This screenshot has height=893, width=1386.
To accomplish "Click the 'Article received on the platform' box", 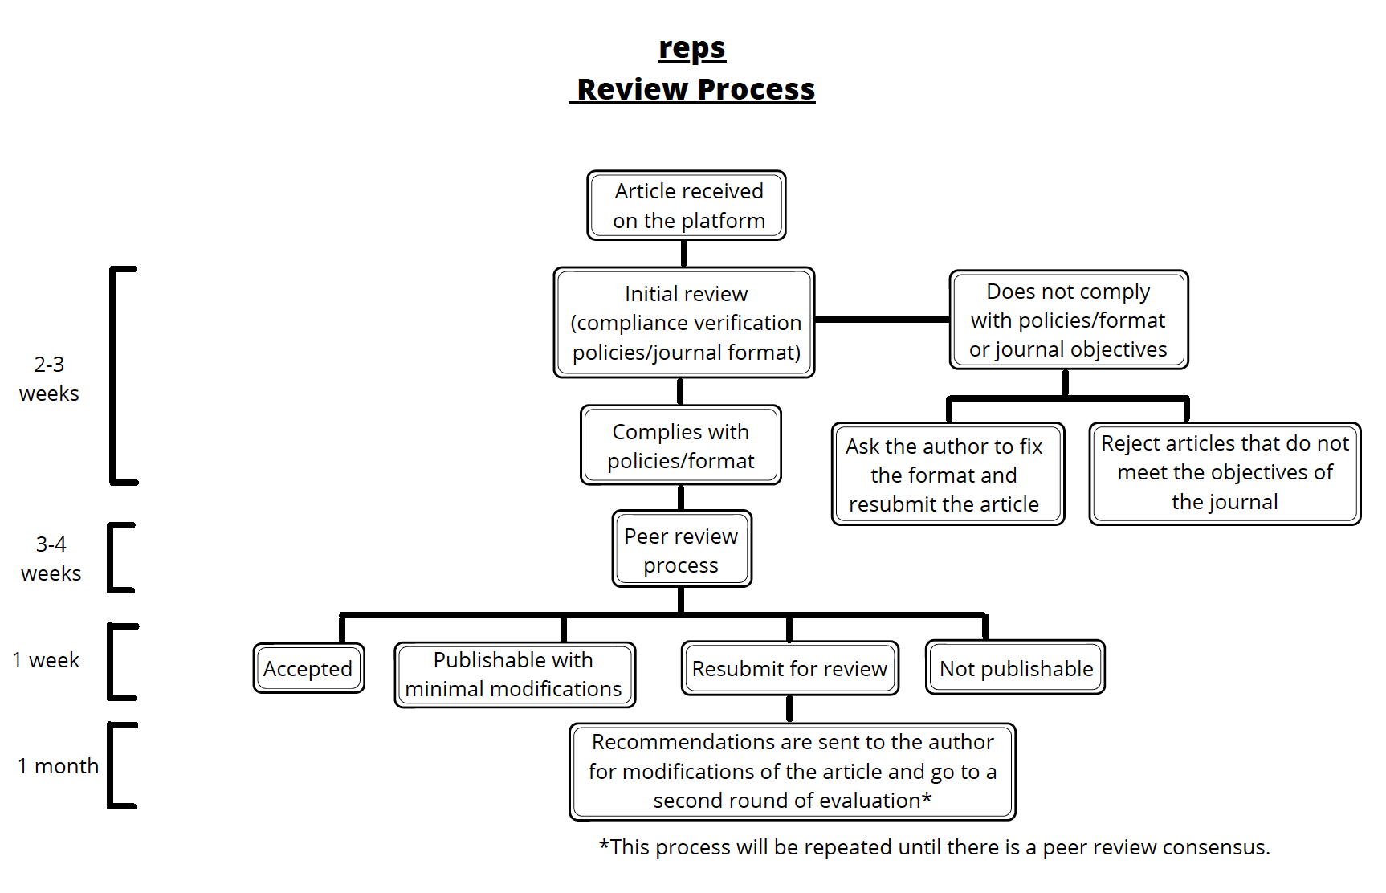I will (687, 206).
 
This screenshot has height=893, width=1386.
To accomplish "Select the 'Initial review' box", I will (684, 323).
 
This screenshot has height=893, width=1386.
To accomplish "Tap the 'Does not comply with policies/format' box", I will (1068, 320).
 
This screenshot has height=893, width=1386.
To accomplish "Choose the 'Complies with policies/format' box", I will (681, 446).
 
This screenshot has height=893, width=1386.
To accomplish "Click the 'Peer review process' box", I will (682, 550).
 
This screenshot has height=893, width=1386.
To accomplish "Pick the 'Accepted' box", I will (308, 668).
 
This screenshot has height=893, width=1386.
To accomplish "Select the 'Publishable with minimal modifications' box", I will (514, 675).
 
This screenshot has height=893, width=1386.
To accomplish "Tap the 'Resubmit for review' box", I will (789, 668).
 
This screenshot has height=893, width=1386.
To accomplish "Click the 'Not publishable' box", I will (1016, 668).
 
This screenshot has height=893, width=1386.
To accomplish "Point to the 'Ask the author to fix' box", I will (948, 475).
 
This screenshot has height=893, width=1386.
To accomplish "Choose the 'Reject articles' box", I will (1225, 473).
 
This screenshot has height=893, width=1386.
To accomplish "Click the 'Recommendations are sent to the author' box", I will (793, 771).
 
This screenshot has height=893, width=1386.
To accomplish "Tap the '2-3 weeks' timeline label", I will (49, 379).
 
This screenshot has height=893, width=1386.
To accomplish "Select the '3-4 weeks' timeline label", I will (51, 559).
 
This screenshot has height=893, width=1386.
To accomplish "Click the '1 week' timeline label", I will (47, 660).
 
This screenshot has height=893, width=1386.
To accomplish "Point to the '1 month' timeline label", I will (58, 766).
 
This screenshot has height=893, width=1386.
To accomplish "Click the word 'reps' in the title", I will (692, 48).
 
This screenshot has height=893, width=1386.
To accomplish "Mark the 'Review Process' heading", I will (695, 89).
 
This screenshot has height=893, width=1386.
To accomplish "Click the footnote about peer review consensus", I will (934, 847).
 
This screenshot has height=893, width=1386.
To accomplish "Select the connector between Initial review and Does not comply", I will (882, 320).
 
